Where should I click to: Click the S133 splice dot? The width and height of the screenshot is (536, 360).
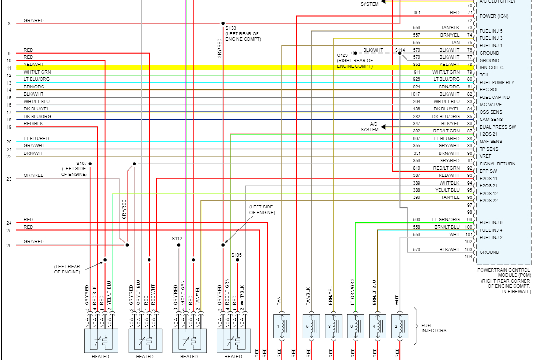pyautogui.click(x=223, y=23)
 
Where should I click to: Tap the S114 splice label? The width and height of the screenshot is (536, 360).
pyautogui.click(x=399, y=50)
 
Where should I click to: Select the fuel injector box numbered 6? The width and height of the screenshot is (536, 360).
pyautogui.click(x=355, y=326)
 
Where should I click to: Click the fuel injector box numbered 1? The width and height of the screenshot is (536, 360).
pyautogui.click(x=282, y=326)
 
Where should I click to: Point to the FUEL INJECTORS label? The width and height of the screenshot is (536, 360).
pyautogui.click(x=433, y=328)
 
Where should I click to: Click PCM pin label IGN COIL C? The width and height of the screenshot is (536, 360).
pyautogui.click(x=491, y=68)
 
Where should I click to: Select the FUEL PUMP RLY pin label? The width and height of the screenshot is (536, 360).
pyautogui.click(x=497, y=83)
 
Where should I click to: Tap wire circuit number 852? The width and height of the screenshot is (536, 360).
pyautogui.click(x=417, y=65)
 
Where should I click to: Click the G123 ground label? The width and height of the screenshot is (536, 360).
pyautogui.click(x=342, y=55)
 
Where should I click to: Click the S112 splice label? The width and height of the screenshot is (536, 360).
pyautogui.click(x=177, y=238)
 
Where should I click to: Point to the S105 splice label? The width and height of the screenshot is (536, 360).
pyautogui.click(x=236, y=255)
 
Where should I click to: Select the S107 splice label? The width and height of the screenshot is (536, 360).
pyautogui.click(x=82, y=163)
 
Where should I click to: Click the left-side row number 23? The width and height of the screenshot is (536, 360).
pyautogui.click(x=9, y=179)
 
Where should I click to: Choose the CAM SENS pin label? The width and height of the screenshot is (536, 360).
pyautogui.click(x=491, y=120)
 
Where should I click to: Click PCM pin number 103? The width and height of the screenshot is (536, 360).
pyautogui.click(x=469, y=250)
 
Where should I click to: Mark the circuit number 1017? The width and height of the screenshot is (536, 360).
pyautogui.click(x=415, y=94)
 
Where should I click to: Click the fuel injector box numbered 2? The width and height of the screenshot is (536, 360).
pyautogui.click(x=399, y=326)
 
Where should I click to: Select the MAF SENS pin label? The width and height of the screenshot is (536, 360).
pyautogui.click(x=491, y=142)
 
